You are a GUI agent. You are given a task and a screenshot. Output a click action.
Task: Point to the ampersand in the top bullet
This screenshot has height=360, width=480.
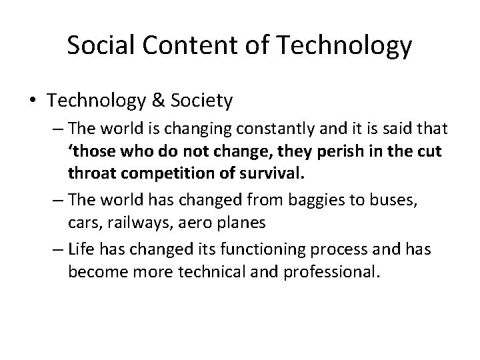coord(177,101)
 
